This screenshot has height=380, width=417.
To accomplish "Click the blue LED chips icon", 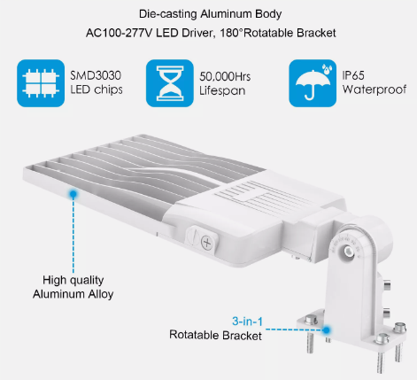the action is tap(41, 83).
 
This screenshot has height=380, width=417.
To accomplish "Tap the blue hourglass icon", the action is tap(170, 83).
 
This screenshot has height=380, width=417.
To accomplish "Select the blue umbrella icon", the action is tap(313, 83).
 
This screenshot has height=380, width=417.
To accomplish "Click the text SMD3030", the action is tap(96, 75).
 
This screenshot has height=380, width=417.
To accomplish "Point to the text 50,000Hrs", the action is tap(225, 76).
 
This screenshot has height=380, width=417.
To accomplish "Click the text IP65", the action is tap(353, 75).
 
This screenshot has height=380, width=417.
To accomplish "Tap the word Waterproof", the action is tap(375, 89).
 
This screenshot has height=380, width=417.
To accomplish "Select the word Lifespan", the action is tap(222, 90).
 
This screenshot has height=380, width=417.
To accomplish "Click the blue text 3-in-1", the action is tap(247, 322).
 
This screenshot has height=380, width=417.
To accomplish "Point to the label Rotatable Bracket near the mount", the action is tap(215, 335).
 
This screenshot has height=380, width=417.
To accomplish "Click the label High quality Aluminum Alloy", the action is tap(73, 287).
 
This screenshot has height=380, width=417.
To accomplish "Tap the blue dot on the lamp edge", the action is tap(73, 194).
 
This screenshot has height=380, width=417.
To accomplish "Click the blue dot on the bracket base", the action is tap(326, 330).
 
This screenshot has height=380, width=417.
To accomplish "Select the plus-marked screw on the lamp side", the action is tap(206, 243).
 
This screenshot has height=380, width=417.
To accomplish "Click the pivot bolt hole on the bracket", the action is tap(349, 252).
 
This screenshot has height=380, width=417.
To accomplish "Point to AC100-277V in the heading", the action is tap(119, 33).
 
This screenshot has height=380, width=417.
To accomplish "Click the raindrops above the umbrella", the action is tap(327, 69).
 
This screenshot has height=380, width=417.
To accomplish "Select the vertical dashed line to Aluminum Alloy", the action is tap(73, 236).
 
